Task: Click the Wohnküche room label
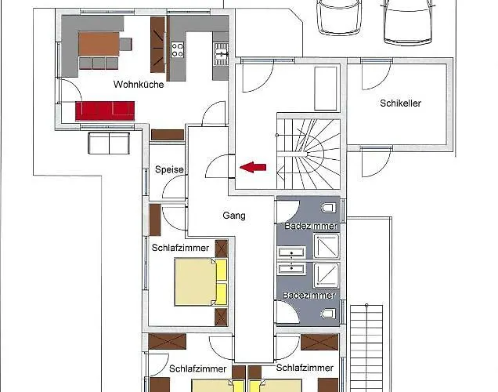139,85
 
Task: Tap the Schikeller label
400,103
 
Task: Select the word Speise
169,169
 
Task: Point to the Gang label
234,216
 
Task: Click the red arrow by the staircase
253,167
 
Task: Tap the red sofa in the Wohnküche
105,111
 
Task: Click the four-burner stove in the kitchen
178,49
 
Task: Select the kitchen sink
221,54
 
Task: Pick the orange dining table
99,44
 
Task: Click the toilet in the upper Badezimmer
328,209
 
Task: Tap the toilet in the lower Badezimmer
328,314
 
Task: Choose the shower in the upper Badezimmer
327,245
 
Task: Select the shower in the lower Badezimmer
327,275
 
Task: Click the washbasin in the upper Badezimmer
292,252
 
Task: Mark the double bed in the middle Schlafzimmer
201,282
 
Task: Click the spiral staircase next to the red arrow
309,154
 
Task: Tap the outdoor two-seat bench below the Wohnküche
109,143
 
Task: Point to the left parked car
340,16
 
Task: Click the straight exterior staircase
366,348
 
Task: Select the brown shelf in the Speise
168,135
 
